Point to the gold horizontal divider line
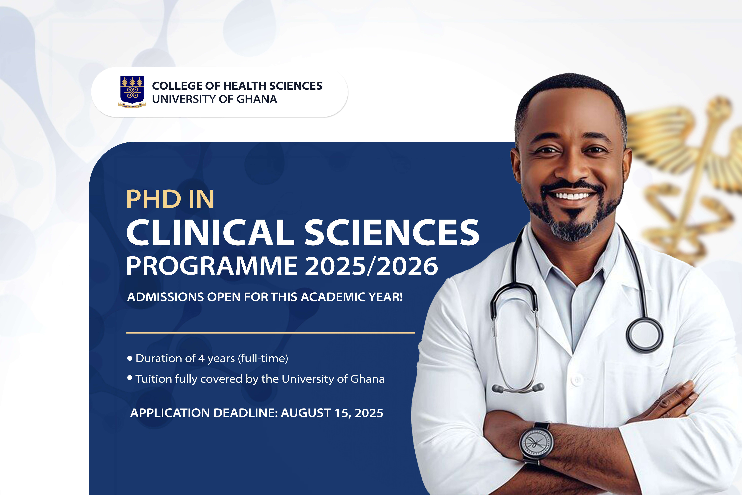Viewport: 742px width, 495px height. point(270,332)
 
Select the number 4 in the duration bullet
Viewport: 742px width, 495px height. point(201,358)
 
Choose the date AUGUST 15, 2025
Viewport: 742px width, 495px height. point(332,413)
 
